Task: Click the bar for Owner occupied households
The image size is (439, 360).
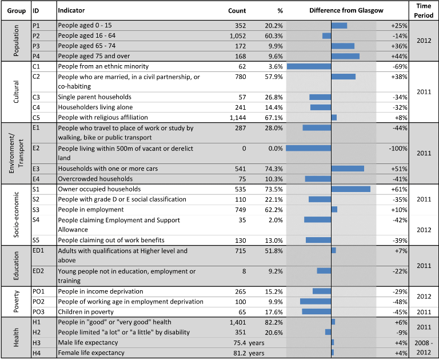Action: click(x=351, y=189)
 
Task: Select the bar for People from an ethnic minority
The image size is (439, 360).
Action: click(x=309, y=66)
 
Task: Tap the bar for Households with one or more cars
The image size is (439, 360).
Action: click(x=348, y=169)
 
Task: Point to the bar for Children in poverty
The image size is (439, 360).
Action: click(x=316, y=311)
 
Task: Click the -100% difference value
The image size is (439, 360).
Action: click(x=398, y=149)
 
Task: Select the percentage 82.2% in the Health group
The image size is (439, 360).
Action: click(x=274, y=322)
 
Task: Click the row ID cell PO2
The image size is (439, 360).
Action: click(x=38, y=302)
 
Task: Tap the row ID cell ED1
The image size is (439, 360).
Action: click(x=38, y=250)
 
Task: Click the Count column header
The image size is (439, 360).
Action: click(x=237, y=11)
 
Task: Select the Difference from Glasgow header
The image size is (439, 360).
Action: click(x=346, y=11)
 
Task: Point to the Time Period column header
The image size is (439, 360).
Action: click(x=424, y=11)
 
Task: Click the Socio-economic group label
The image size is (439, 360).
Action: click(x=16, y=215)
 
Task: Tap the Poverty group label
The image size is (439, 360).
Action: click(x=16, y=302)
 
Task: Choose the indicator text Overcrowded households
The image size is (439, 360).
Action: click(x=95, y=179)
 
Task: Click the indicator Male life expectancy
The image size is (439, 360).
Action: click(x=88, y=343)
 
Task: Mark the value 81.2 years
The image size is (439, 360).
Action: click(x=249, y=353)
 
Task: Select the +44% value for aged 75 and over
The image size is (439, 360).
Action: click(x=399, y=56)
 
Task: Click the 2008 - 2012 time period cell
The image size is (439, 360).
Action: click(x=424, y=347)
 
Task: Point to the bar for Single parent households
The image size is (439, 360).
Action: click(x=320, y=97)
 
